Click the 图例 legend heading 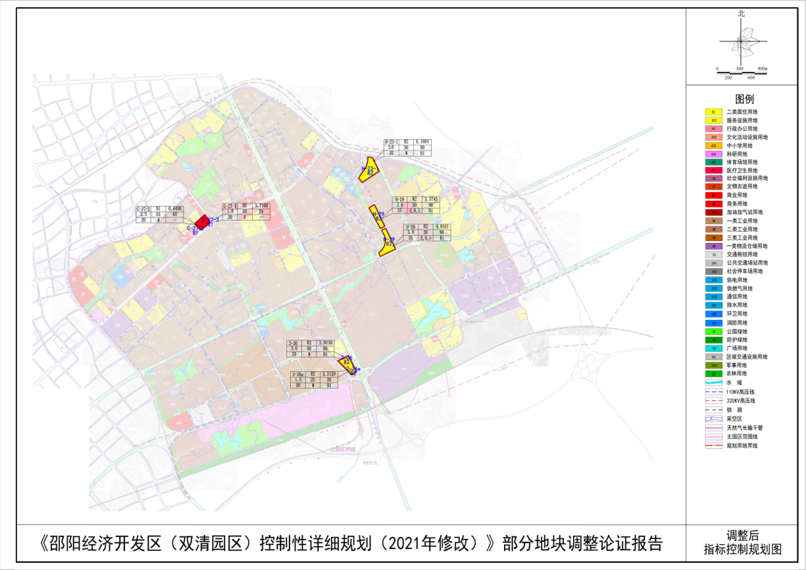coord(745,99)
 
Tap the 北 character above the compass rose coord(742,13)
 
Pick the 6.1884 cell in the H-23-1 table coord(422,142)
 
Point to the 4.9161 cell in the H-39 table coord(441,226)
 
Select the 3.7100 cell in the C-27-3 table coord(263,207)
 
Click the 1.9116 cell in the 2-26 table coord(325,344)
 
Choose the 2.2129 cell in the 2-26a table coord(327,374)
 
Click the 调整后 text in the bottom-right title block coord(742,536)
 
